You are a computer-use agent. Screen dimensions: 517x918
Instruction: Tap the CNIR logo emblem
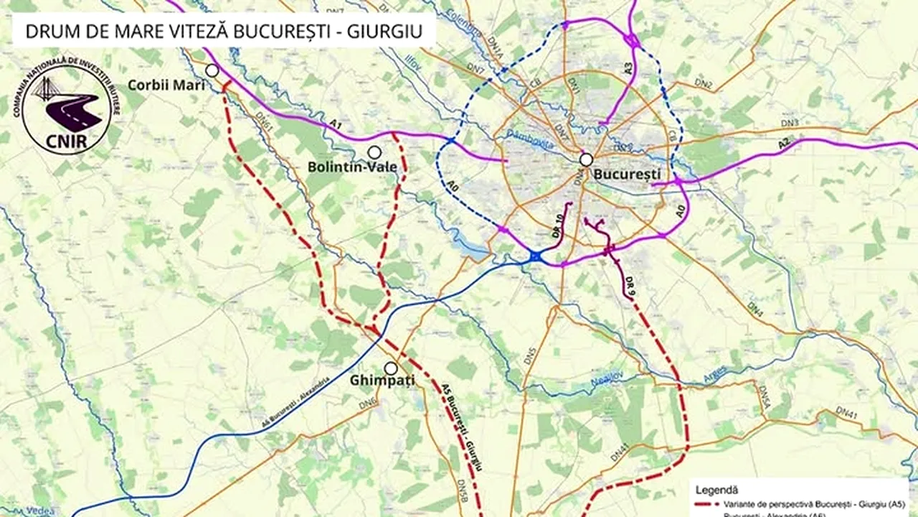tap(66, 106)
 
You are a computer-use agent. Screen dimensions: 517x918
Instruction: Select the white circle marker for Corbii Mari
tap(212, 70)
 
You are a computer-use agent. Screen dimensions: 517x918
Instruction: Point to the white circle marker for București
tap(586, 159)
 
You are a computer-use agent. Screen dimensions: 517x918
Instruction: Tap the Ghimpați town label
tap(382, 381)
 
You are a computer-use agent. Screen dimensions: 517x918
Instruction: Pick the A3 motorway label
tap(628, 69)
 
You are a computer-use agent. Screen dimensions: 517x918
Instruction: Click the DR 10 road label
tap(559, 225)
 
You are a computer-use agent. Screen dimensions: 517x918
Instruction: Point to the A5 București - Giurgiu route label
tap(462, 426)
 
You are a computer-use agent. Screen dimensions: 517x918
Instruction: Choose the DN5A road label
tap(765, 396)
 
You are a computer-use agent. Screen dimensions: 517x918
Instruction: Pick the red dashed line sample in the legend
tap(708, 506)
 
